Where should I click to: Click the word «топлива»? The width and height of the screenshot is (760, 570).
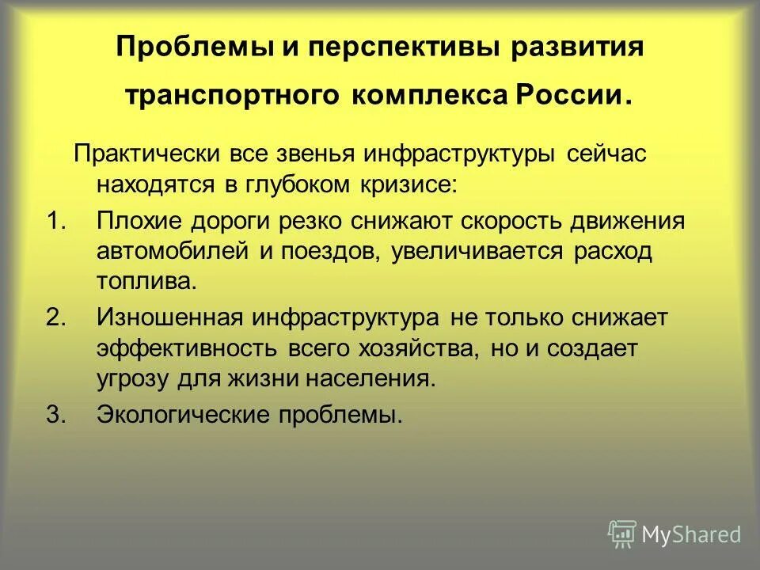143,282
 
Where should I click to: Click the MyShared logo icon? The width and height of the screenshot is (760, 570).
621,534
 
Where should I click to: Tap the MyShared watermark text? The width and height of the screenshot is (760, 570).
691,535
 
